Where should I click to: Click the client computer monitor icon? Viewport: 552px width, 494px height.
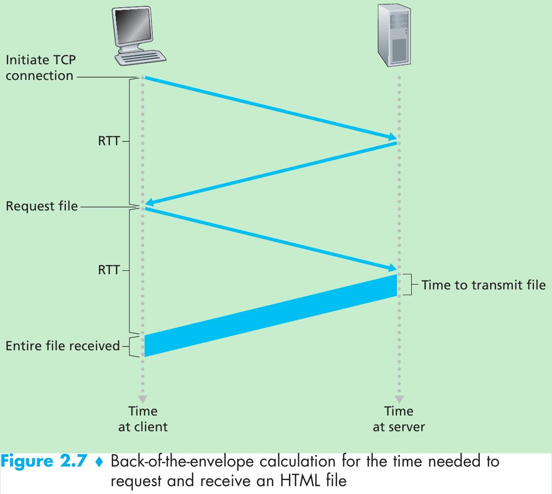141,35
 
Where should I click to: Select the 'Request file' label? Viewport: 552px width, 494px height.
42,206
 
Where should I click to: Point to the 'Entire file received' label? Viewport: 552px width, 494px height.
63,346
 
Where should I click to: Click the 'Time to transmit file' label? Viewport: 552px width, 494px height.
483,285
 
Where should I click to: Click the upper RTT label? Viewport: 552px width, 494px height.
108,142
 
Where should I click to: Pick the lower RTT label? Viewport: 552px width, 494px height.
108,270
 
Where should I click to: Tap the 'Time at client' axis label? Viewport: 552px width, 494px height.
143,418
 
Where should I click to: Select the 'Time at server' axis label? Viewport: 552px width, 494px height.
398,418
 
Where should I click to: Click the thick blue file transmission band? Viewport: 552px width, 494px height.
270,315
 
